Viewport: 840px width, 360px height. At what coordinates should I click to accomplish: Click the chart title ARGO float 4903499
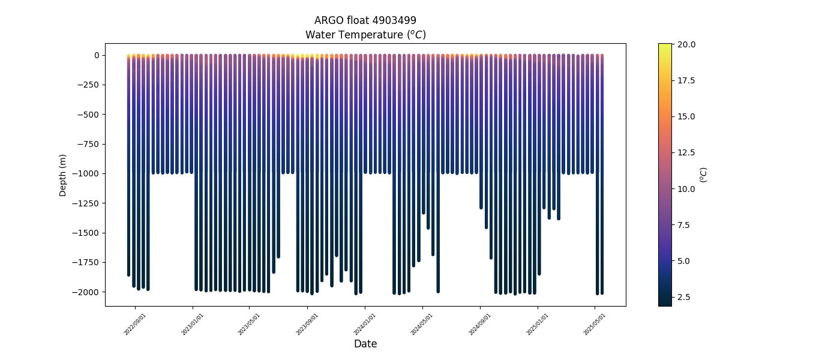[x=365, y=20]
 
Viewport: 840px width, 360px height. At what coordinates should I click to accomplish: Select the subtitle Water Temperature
[x=365, y=35]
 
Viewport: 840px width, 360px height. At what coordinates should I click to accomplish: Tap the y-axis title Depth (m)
[x=63, y=175]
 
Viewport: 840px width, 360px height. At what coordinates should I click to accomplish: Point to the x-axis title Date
[x=365, y=344]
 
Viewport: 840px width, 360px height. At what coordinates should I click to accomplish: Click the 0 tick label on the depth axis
[x=96, y=55]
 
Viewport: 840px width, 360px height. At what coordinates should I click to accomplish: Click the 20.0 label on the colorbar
[x=686, y=44]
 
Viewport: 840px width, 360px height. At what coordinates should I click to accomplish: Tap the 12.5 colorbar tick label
[x=686, y=152]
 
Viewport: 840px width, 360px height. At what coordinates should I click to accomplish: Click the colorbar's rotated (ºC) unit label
[x=704, y=175]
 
